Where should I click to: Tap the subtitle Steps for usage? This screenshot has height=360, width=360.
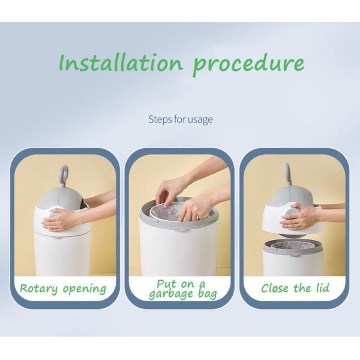click(180, 119)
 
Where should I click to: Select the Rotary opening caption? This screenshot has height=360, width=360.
click(63, 288)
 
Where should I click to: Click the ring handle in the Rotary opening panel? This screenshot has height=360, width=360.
click(64, 175)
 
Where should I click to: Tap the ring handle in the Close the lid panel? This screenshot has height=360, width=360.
click(288, 174)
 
